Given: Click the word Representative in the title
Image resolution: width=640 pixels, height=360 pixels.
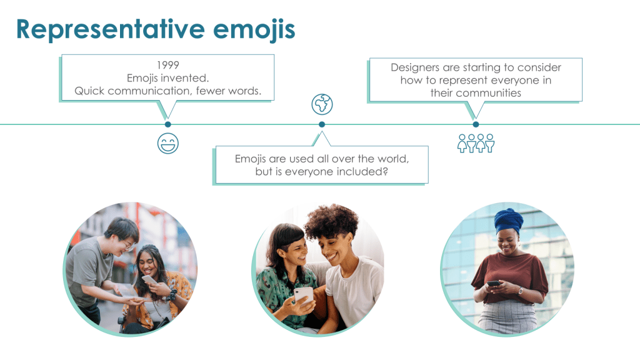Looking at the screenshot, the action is pos(110,29).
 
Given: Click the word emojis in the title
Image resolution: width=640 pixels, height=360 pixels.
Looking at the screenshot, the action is pos(254,30).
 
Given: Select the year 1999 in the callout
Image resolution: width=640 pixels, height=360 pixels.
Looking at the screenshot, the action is pos(167,65).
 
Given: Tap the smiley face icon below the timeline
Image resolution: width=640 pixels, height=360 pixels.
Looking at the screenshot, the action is pos(167,143).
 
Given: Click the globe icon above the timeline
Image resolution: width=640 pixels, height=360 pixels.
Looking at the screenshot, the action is pos(322,104).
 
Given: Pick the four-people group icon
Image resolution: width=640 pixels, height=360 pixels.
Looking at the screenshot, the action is pos(476,143).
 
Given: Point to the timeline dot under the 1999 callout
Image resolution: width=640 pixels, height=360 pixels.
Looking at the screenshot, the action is pos(167,124).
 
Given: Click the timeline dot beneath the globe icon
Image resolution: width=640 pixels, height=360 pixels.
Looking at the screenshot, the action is pos(322,124).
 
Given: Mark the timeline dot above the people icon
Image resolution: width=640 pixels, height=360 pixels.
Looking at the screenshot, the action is pos(476,124).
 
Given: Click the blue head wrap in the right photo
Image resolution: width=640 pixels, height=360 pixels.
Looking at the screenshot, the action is pos(509,221).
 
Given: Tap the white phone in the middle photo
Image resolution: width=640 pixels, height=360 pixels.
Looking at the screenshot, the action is pos(304,295).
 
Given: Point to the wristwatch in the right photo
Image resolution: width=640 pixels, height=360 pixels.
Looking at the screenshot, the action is pos(521,291).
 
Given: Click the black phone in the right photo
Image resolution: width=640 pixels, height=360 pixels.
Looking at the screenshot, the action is pos(494,283).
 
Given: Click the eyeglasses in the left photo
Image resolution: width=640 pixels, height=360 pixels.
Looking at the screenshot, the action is pos(127,245).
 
